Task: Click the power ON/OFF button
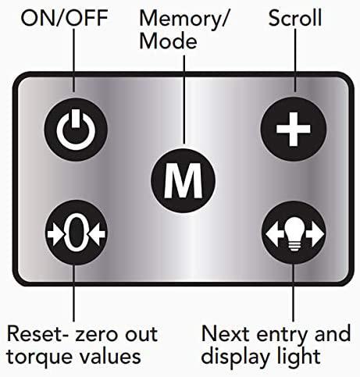pos(76,130)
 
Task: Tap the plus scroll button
pos(294,129)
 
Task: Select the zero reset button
pos(76,233)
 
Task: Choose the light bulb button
pos(294,233)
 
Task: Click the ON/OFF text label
pos(64,18)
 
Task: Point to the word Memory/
pos(184,19)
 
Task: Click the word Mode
pos(168,41)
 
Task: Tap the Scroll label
pos(295,18)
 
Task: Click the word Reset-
pos(38,333)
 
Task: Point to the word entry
pos(282,336)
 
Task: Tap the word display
pos(235,357)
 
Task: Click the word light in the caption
pos(298,357)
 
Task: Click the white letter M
pos(183,180)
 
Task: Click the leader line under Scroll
pos(295,60)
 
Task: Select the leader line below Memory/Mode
pos(184,99)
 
